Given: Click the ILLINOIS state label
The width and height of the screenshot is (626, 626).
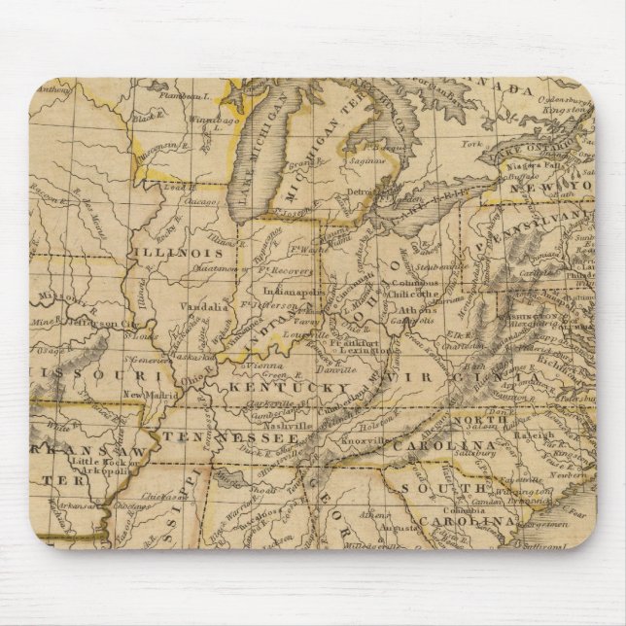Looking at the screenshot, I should click(x=183, y=251).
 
